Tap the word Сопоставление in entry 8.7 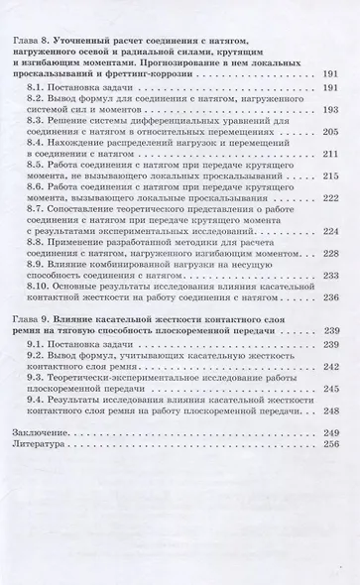[88, 207]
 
